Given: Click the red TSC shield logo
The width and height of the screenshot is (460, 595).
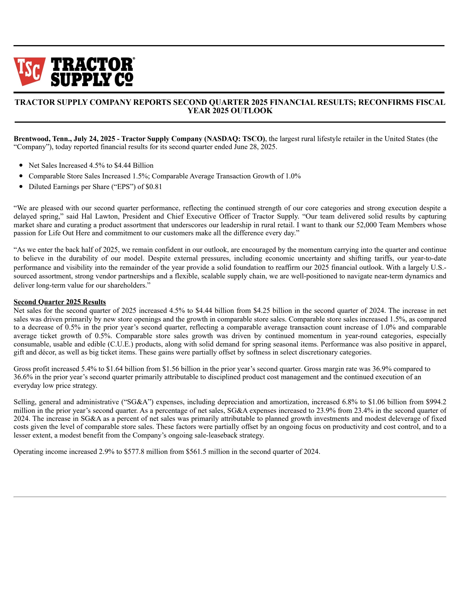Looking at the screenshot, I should tap(29, 71).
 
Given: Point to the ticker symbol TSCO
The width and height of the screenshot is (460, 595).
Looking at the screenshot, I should tap(253, 139).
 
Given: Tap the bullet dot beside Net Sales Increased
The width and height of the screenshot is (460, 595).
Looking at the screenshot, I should tap(21, 165).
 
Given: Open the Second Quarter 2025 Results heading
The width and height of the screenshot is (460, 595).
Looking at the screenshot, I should tap(60, 302).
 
